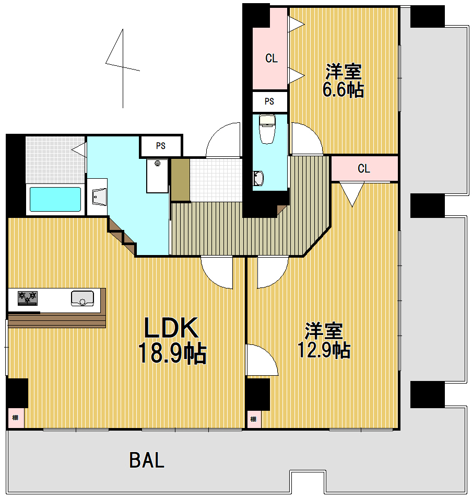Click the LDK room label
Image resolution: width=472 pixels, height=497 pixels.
click(171, 329)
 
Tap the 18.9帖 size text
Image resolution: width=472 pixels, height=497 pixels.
click(172, 354)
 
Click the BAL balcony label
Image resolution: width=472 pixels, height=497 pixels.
click(147, 460)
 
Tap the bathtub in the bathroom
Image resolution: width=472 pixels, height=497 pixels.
click(55, 199)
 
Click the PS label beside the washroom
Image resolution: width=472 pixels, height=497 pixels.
click(160, 146)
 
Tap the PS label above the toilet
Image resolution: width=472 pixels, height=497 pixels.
click(269, 101)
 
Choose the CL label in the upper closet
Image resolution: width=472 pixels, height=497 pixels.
click(271, 59)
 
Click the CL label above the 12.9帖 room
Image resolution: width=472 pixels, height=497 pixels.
click(364, 169)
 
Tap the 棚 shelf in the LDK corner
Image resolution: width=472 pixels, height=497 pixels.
click(16, 418)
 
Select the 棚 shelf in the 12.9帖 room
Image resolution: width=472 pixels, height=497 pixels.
click(253, 419)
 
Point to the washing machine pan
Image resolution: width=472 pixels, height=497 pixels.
click(157, 176)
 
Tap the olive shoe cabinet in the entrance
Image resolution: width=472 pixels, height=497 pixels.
click(180, 179)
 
